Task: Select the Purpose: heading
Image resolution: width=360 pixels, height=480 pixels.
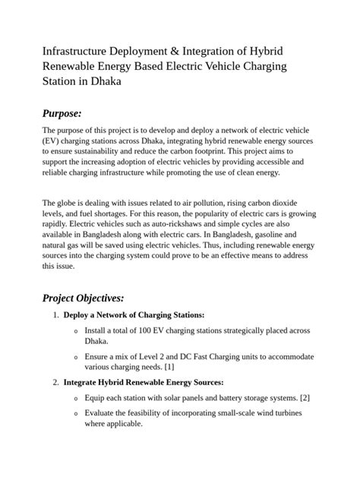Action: (x=62, y=113)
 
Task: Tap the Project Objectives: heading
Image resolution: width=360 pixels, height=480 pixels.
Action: (x=84, y=297)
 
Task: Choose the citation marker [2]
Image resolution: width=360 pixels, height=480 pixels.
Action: (x=305, y=397)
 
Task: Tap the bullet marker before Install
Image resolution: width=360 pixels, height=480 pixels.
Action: (x=74, y=331)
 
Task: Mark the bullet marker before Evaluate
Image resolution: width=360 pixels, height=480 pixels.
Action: (x=74, y=413)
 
